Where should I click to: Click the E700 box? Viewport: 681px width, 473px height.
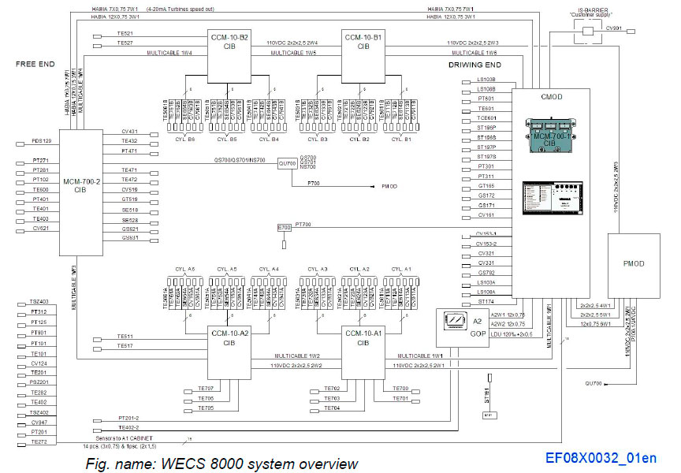285,228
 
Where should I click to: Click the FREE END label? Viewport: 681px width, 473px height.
35,63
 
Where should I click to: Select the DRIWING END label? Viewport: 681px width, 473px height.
475,64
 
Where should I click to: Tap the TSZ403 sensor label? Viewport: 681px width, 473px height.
39,302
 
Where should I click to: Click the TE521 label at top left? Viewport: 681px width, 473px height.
124,34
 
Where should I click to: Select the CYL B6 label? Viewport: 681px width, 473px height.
185,139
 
